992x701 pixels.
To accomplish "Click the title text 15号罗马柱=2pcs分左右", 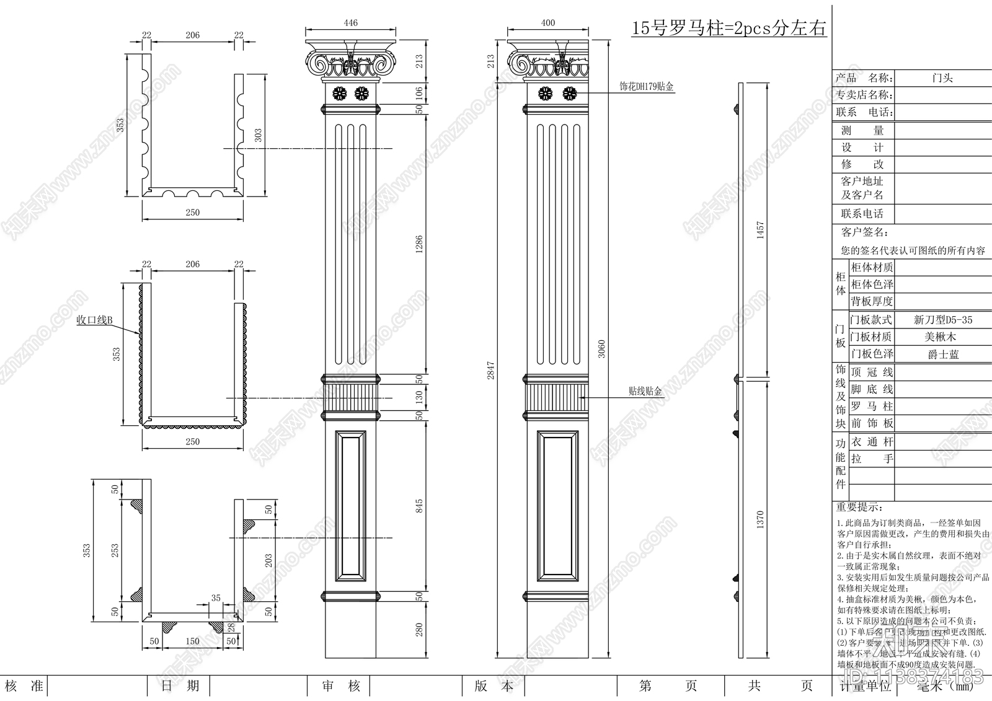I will (x=728, y=28).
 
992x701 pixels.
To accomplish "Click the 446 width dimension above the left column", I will (x=351, y=23).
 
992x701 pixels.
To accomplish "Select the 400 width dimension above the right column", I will (x=548, y=23).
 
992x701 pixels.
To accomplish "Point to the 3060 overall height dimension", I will (x=601, y=349).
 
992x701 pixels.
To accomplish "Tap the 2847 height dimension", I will (x=490, y=370).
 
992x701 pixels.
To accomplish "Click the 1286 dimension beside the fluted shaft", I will (x=419, y=244).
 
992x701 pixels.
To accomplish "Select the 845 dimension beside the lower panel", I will (x=419, y=506).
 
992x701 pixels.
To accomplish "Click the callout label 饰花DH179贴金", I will (x=646, y=87).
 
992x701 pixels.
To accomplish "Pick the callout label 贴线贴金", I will (x=645, y=391).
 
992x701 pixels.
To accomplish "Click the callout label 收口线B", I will (x=94, y=320).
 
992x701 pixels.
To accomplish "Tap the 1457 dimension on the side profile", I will (x=760, y=230).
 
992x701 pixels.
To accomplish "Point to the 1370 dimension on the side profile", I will (x=760, y=519).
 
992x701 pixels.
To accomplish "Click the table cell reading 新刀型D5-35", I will (x=942, y=320).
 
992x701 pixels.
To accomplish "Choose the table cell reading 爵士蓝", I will (x=943, y=354).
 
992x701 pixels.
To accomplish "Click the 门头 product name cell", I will (x=942, y=78).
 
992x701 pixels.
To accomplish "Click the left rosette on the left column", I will (x=340, y=94).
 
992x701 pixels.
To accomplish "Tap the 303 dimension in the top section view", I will (x=258, y=135).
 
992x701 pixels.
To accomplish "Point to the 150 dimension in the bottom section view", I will (x=192, y=641).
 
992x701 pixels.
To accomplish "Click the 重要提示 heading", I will (x=859, y=507).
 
